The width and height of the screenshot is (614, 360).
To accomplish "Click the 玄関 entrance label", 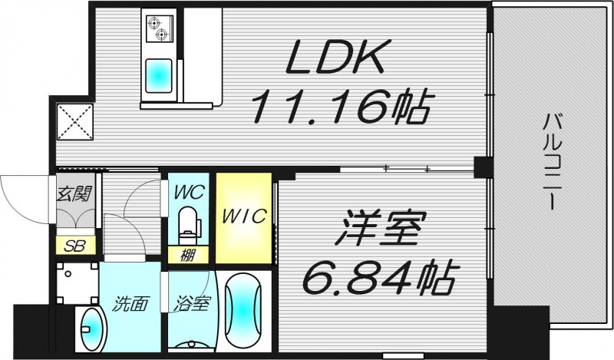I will coord(74,192).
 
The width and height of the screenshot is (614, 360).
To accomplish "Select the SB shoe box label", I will coord(74,246).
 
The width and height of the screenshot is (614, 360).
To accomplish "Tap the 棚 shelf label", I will coord(187,255).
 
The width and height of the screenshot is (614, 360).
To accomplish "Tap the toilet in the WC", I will coord(187,224).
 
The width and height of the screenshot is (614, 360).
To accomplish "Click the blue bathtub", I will coord(245,311).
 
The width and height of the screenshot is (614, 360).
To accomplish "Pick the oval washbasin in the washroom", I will coord(93,330).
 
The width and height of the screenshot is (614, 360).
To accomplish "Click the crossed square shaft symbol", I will coord(74,121).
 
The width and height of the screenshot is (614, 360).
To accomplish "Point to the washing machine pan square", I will coord(76,283).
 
